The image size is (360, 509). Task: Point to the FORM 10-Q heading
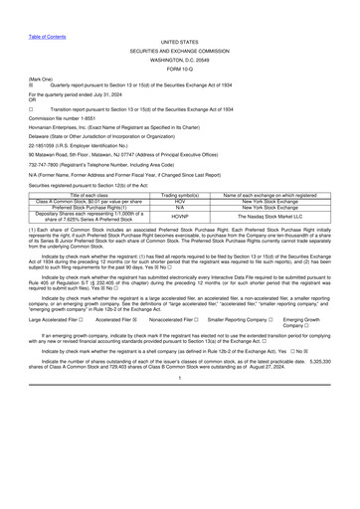(x=179, y=69)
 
